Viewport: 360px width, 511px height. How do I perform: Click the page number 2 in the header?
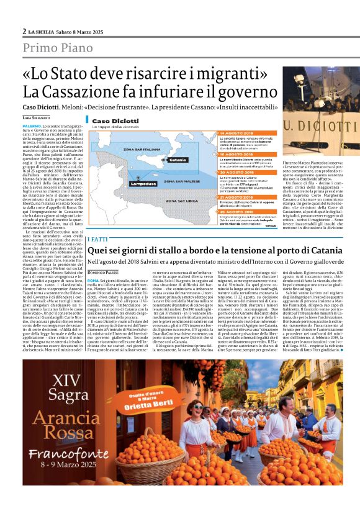pos(24,30)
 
